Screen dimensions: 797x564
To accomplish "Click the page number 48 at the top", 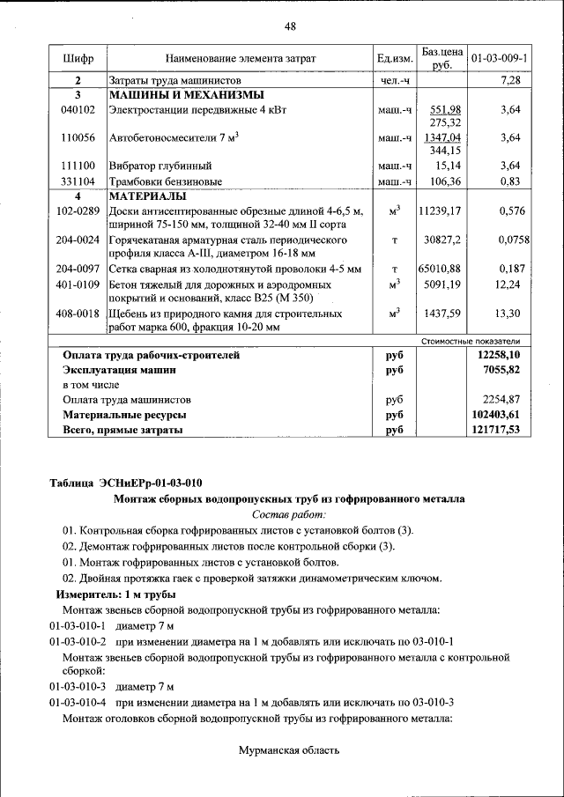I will click(290, 26).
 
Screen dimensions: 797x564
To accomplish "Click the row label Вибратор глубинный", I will click(160, 166).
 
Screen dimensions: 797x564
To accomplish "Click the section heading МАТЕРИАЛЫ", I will click(147, 196).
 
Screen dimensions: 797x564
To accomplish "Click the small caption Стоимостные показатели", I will click(472, 341).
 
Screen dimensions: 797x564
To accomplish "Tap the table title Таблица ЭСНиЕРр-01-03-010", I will click(126, 483).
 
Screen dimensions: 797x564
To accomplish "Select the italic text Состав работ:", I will click(289, 513).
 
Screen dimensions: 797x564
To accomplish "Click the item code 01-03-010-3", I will click(78, 687).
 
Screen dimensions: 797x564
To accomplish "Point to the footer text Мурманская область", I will click(289, 750).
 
